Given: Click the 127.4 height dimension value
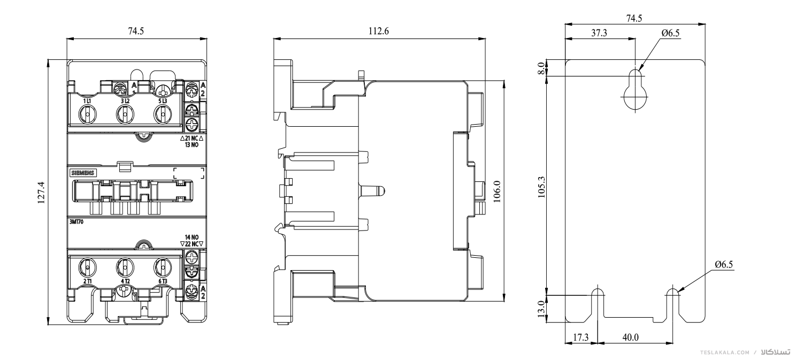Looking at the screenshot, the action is click(x=41, y=193).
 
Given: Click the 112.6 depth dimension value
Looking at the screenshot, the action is click(x=378, y=31).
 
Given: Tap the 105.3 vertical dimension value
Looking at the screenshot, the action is click(x=541, y=187).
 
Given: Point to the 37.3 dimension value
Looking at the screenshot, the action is click(x=599, y=33).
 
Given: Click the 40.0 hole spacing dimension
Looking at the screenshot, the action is click(x=630, y=337).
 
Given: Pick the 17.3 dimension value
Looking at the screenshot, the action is click(x=581, y=337).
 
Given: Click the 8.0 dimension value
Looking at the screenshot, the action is click(x=541, y=68).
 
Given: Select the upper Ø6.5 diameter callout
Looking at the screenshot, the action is click(x=670, y=33).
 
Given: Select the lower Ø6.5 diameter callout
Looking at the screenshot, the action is click(x=724, y=264).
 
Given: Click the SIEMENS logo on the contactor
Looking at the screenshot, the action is click(x=83, y=173).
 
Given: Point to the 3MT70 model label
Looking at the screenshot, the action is click(x=76, y=221).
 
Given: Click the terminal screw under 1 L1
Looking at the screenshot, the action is click(x=87, y=115).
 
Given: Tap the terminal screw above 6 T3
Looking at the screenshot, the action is click(x=163, y=267).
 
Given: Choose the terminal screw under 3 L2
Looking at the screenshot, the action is click(x=125, y=115).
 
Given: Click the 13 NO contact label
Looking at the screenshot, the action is click(x=192, y=145).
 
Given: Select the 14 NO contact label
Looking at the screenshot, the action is click(x=192, y=237).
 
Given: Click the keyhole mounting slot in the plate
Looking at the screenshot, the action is click(x=636, y=89).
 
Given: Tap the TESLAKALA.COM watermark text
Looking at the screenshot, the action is click(x=724, y=353).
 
